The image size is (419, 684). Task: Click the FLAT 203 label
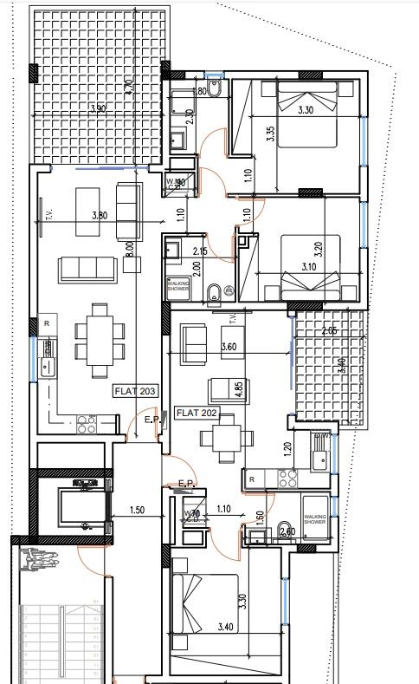(134, 392)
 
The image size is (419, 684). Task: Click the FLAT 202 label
(196, 413)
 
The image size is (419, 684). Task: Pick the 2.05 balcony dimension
(327, 330)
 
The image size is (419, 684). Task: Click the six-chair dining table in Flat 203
(94, 333)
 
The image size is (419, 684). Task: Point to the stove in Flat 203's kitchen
(87, 423)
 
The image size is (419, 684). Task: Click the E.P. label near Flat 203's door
(151, 421)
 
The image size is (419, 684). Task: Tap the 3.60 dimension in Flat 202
(229, 348)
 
